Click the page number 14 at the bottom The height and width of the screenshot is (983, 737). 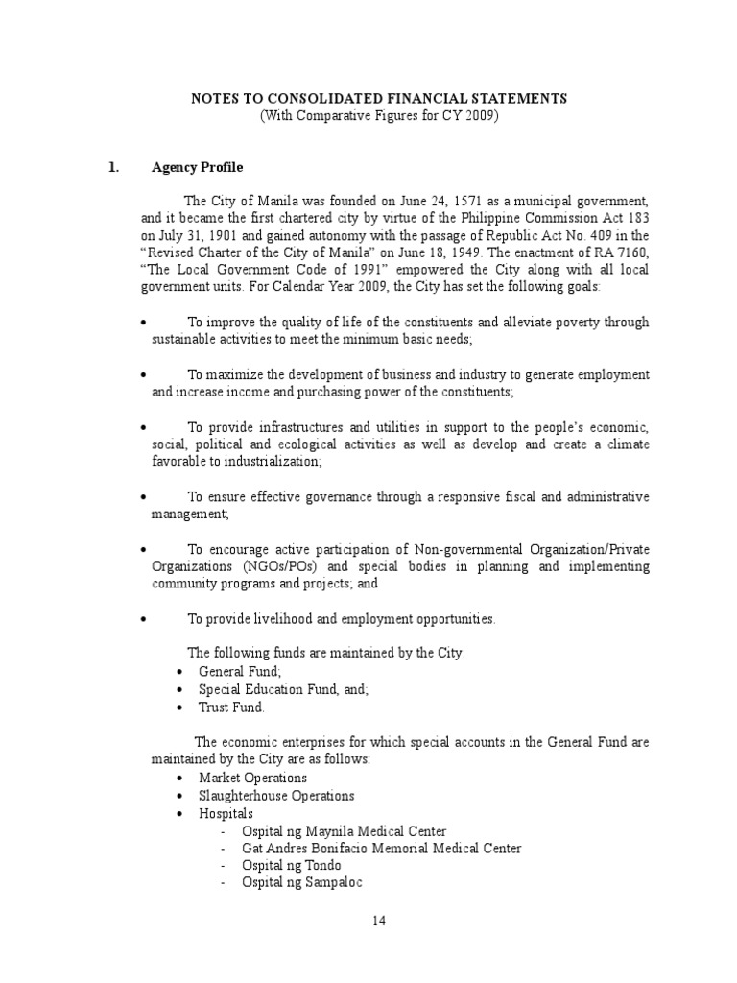click(x=378, y=921)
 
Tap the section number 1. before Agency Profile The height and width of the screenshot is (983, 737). click(x=114, y=167)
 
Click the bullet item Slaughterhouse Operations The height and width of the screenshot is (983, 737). click(x=276, y=796)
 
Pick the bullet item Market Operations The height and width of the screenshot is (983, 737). click(x=252, y=778)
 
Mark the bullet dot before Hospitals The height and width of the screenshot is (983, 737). click(x=182, y=814)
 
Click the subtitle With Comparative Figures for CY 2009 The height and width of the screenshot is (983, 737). click(x=378, y=116)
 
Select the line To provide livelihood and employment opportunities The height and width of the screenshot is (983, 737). click(x=341, y=619)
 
